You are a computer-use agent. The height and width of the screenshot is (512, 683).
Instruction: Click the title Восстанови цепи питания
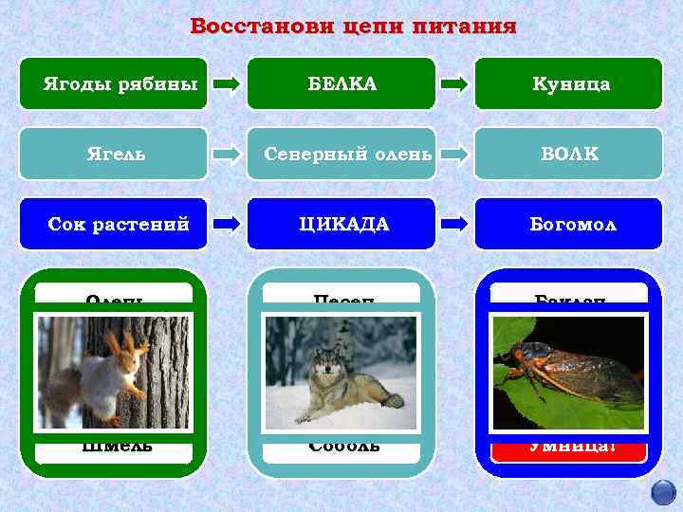click(353, 26)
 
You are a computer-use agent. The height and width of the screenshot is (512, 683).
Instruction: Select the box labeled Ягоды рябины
click(113, 83)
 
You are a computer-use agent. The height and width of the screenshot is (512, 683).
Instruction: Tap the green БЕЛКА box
click(341, 83)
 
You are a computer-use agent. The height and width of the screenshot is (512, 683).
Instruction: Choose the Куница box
click(568, 83)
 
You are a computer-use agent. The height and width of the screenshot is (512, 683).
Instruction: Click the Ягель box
click(113, 154)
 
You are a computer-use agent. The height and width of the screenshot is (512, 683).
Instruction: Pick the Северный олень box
click(341, 154)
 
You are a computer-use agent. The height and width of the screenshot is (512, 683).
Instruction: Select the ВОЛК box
click(568, 154)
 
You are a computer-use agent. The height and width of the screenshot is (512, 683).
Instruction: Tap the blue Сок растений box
click(113, 224)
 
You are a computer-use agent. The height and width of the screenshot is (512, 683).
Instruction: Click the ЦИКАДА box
click(341, 224)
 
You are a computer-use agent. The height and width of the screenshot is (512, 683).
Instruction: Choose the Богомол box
click(568, 224)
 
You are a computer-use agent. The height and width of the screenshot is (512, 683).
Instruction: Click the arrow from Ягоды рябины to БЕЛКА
click(227, 84)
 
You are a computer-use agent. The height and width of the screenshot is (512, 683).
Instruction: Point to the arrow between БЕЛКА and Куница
click(454, 84)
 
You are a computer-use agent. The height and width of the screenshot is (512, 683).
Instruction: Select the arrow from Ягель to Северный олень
click(227, 154)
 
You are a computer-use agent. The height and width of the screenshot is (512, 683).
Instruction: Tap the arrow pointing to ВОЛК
click(454, 154)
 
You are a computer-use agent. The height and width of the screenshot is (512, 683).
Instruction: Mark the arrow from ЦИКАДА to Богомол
click(454, 224)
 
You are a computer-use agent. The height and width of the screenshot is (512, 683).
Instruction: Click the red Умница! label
click(568, 446)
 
